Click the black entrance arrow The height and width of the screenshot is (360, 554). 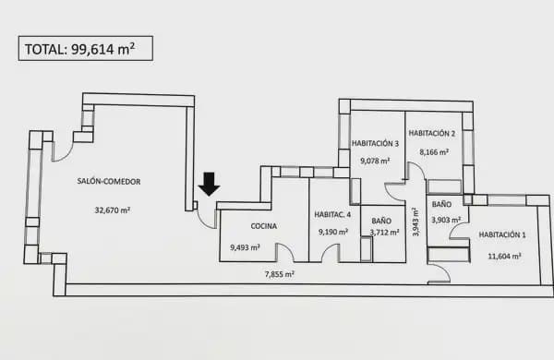(x=210, y=184)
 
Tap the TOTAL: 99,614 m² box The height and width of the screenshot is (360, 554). (x=85, y=49)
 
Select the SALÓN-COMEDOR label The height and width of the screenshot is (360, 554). (x=109, y=182)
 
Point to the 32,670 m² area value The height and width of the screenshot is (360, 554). (x=112, y=210)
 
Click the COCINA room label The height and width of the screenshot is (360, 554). (x=265, y=225)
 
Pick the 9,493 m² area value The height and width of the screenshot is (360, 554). (x=245, y=246)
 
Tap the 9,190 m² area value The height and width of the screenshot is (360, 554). (x=332, y=232)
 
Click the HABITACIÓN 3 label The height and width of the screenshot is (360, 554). (x=375, y=143)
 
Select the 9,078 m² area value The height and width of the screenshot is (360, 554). (x=375, y=161)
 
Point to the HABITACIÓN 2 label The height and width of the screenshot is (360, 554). (x=434, y=133)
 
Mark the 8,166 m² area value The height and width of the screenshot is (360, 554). (x=434, y=151)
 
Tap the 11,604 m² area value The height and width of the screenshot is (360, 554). (x=503, y=255)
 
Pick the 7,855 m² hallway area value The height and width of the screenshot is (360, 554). (x=279, y=273)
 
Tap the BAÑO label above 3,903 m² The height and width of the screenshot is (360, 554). (x=441, y=203)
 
